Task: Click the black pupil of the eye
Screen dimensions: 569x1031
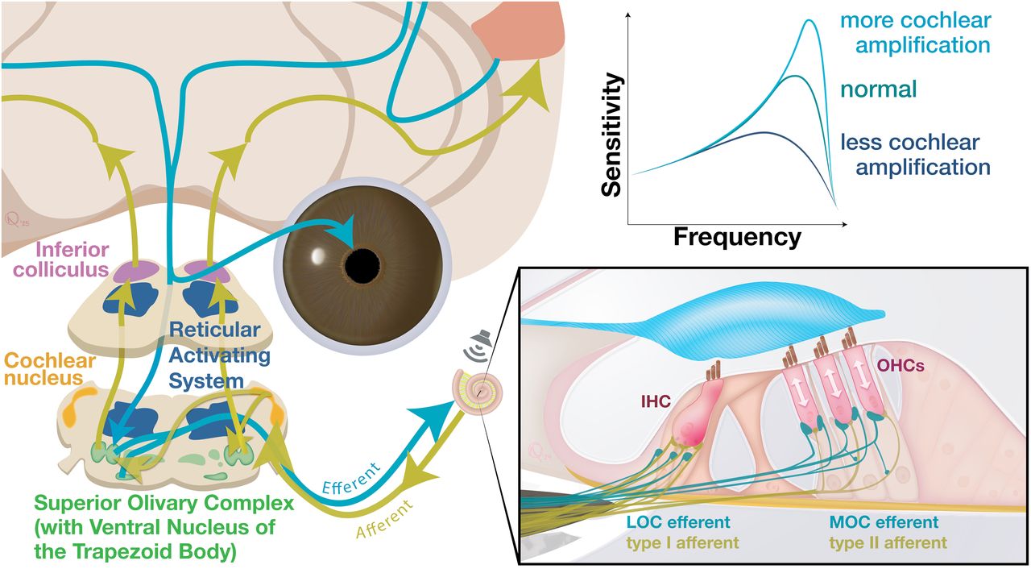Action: click(364, 262)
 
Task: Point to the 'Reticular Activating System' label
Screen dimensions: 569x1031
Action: click(214, 355)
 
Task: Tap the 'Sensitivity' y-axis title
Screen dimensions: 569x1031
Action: click(612, 135)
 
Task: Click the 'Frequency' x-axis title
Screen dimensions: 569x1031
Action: click(737, 237)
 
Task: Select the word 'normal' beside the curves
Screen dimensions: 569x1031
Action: click(879, 88)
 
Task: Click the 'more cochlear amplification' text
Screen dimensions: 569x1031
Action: click(915, 31)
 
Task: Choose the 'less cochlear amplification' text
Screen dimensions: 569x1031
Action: click(915, 155)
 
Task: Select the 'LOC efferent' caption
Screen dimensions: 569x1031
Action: click(680, 523)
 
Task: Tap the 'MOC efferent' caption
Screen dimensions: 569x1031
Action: click(884, 523)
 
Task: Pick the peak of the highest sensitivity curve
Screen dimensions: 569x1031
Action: click(807, 22)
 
